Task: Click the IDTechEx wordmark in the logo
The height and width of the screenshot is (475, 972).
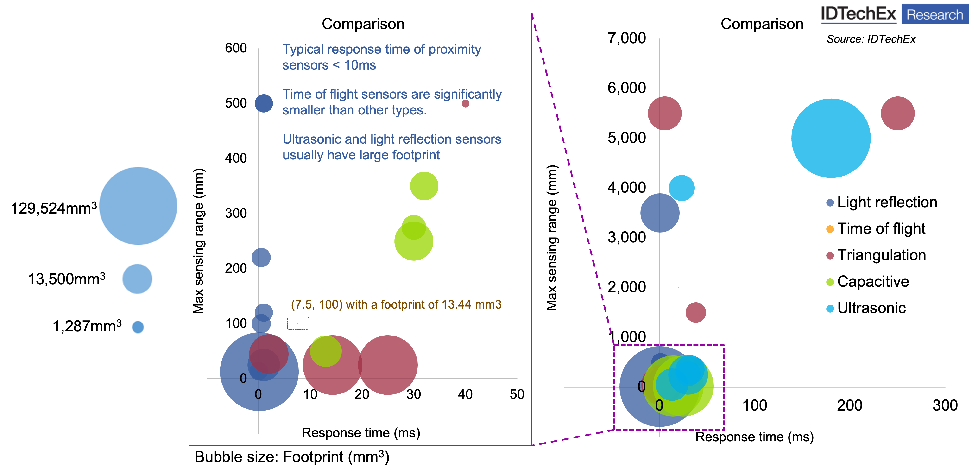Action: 858,14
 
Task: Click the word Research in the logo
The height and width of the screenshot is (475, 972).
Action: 935,15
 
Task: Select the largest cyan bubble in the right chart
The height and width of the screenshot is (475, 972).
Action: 831,138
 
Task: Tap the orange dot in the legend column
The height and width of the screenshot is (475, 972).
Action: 830,229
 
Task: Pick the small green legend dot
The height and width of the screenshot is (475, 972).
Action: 830,282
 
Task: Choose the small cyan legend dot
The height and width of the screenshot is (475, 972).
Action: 830,309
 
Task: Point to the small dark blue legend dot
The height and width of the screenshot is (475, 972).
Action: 830,203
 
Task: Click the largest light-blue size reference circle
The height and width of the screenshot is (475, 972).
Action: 138,206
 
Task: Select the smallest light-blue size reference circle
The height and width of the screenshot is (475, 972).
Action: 138,327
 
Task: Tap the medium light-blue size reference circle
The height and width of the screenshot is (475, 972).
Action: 138,279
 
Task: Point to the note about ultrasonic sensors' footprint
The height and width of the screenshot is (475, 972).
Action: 392,147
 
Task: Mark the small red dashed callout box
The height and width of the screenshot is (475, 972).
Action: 298,323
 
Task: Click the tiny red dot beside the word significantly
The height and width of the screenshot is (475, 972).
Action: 465,103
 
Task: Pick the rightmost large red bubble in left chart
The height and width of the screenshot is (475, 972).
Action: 388,365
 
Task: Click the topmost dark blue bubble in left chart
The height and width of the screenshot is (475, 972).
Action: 264,103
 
